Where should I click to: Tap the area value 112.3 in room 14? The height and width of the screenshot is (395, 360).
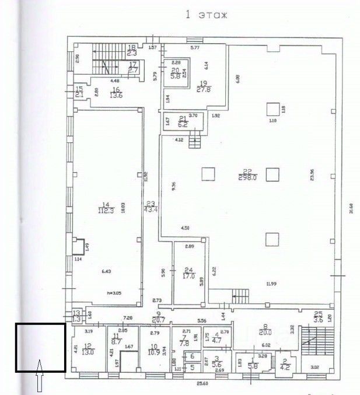point(106,212)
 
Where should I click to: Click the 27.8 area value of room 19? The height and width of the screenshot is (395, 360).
point(203,89)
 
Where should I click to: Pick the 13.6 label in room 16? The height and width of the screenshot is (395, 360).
point(117,97)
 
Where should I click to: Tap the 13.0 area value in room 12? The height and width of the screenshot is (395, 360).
point(88,352)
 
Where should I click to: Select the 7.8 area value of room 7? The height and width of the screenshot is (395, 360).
point(184,344)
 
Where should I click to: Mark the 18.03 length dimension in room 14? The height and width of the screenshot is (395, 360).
point(123,208)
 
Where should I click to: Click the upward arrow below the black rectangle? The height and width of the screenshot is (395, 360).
point(40,376)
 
